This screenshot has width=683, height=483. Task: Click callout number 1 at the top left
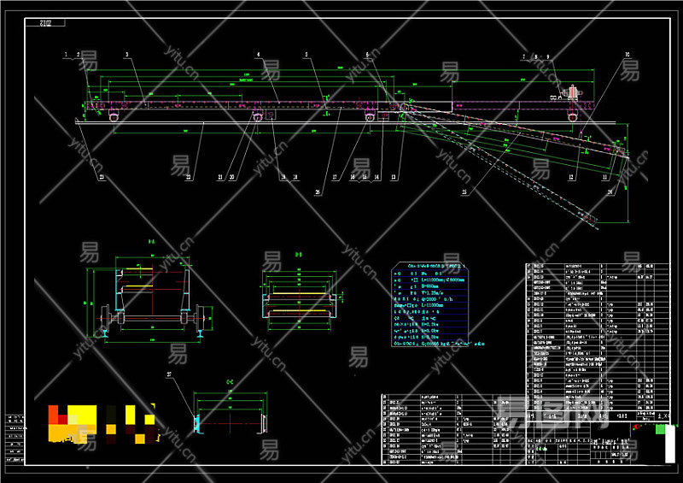tap(65, 55)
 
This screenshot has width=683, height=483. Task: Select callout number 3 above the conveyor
tap(126, 55)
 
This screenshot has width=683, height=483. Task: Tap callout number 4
tap(257, 55)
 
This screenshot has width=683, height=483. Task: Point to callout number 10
tap(628, 55)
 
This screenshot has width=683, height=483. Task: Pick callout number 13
tap(394, 177)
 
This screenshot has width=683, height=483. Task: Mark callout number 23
tap(102, 177)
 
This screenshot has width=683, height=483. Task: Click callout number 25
tap(464, 193)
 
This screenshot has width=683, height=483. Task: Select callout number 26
tap(318, 193)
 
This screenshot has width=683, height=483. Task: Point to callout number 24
tap(610, 193)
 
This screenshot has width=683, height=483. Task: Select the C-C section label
tap(231, 381)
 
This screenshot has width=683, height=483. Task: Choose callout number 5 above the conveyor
tap(306, 55)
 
